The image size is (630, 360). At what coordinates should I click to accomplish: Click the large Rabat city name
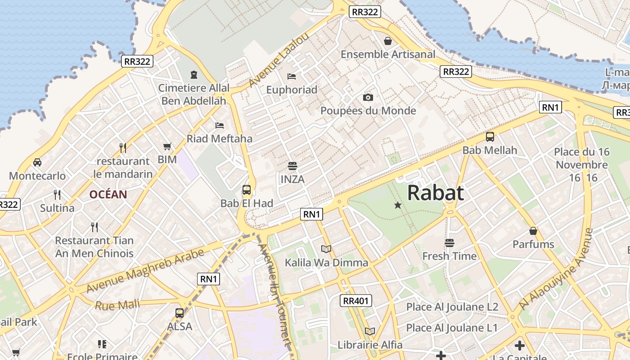pos(435,193)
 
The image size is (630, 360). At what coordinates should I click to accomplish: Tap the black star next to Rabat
pos(398,206)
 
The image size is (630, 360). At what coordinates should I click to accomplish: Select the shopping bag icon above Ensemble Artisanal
pos(388,41)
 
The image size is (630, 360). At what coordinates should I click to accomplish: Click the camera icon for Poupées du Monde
pos(368,97)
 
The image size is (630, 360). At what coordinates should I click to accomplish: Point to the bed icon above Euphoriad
pos(292,76)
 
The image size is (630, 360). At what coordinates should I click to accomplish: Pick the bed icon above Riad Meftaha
pos(220,125)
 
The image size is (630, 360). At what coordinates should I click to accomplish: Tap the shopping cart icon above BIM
pos(167,146)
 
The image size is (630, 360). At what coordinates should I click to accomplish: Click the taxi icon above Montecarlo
pos(37,162)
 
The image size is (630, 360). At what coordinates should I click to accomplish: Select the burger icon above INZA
pos(292,166)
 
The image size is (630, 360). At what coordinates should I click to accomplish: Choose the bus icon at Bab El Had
pos(247,190)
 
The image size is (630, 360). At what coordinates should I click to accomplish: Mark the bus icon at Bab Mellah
pos(490,137)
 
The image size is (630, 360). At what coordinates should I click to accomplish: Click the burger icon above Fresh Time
pos(449,243)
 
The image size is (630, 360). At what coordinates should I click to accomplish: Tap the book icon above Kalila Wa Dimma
pos(326,249)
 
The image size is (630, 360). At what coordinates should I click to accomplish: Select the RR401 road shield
pos(355,301)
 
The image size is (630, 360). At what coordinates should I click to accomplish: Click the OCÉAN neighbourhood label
pos(108,195)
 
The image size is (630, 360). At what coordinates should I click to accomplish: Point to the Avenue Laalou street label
pos(279,60)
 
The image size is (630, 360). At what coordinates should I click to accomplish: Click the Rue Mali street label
pos(117,305)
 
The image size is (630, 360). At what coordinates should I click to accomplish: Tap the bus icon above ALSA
pos(180,313)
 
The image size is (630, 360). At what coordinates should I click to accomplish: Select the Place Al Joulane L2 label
pos(452,307)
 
